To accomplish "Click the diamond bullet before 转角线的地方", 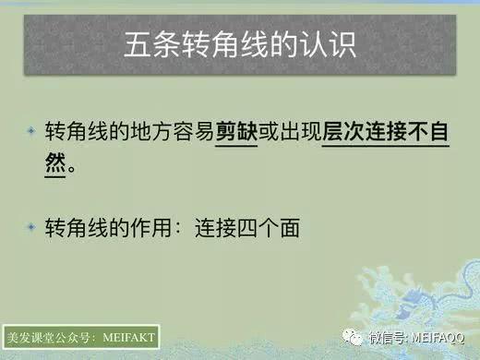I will (30, 130).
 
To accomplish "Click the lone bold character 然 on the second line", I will (57, 165).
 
